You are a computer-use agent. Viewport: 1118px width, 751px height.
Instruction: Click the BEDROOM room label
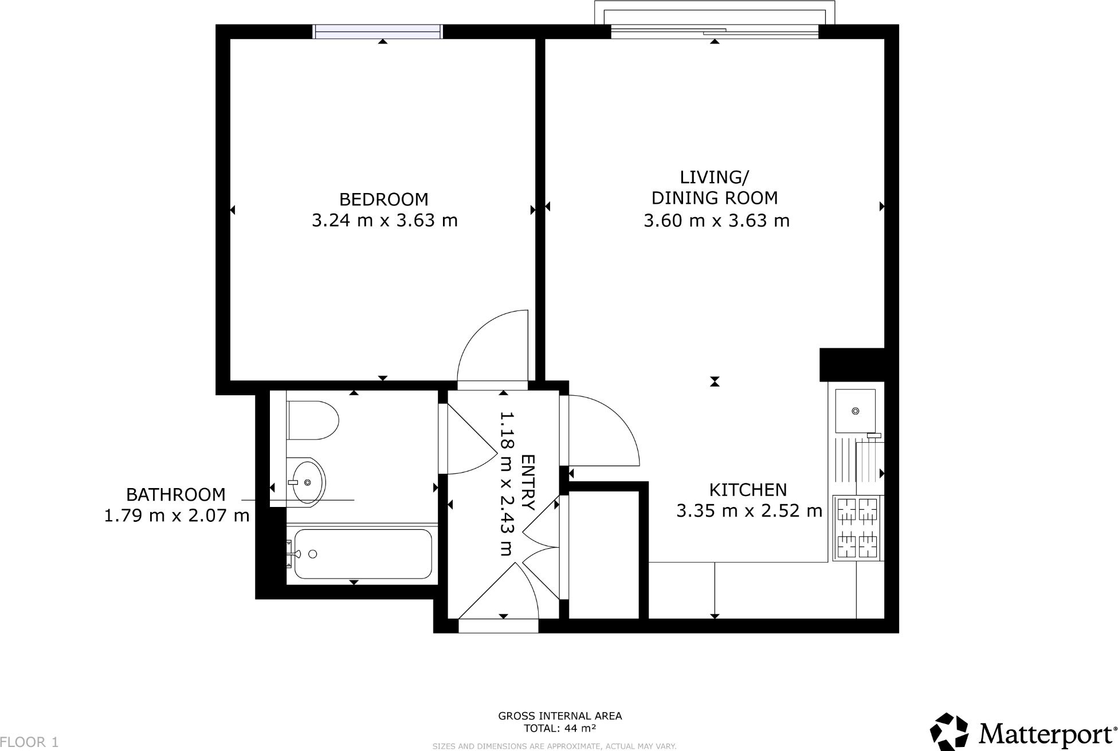383,199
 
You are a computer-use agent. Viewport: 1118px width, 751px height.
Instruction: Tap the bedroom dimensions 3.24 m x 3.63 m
385,221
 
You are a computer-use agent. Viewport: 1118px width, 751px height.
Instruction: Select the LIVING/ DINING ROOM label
715,187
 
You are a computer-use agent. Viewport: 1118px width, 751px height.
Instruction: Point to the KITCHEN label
748,490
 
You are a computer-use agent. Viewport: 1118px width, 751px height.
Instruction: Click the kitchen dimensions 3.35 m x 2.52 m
749,510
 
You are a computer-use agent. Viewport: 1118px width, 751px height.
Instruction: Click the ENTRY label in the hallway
528,482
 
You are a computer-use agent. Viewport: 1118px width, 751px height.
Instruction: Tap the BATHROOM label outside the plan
175,494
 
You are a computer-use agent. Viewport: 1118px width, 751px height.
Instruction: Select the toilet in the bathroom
312,420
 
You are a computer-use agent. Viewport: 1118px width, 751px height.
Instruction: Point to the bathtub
362,554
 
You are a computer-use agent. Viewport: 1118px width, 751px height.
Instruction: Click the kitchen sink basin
855,411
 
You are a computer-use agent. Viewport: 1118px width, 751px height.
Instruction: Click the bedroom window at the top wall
378,32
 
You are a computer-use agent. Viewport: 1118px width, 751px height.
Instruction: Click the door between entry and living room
602,430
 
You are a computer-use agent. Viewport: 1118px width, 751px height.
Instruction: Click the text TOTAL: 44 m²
560,729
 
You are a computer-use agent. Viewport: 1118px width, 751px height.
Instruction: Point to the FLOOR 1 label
29,742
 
